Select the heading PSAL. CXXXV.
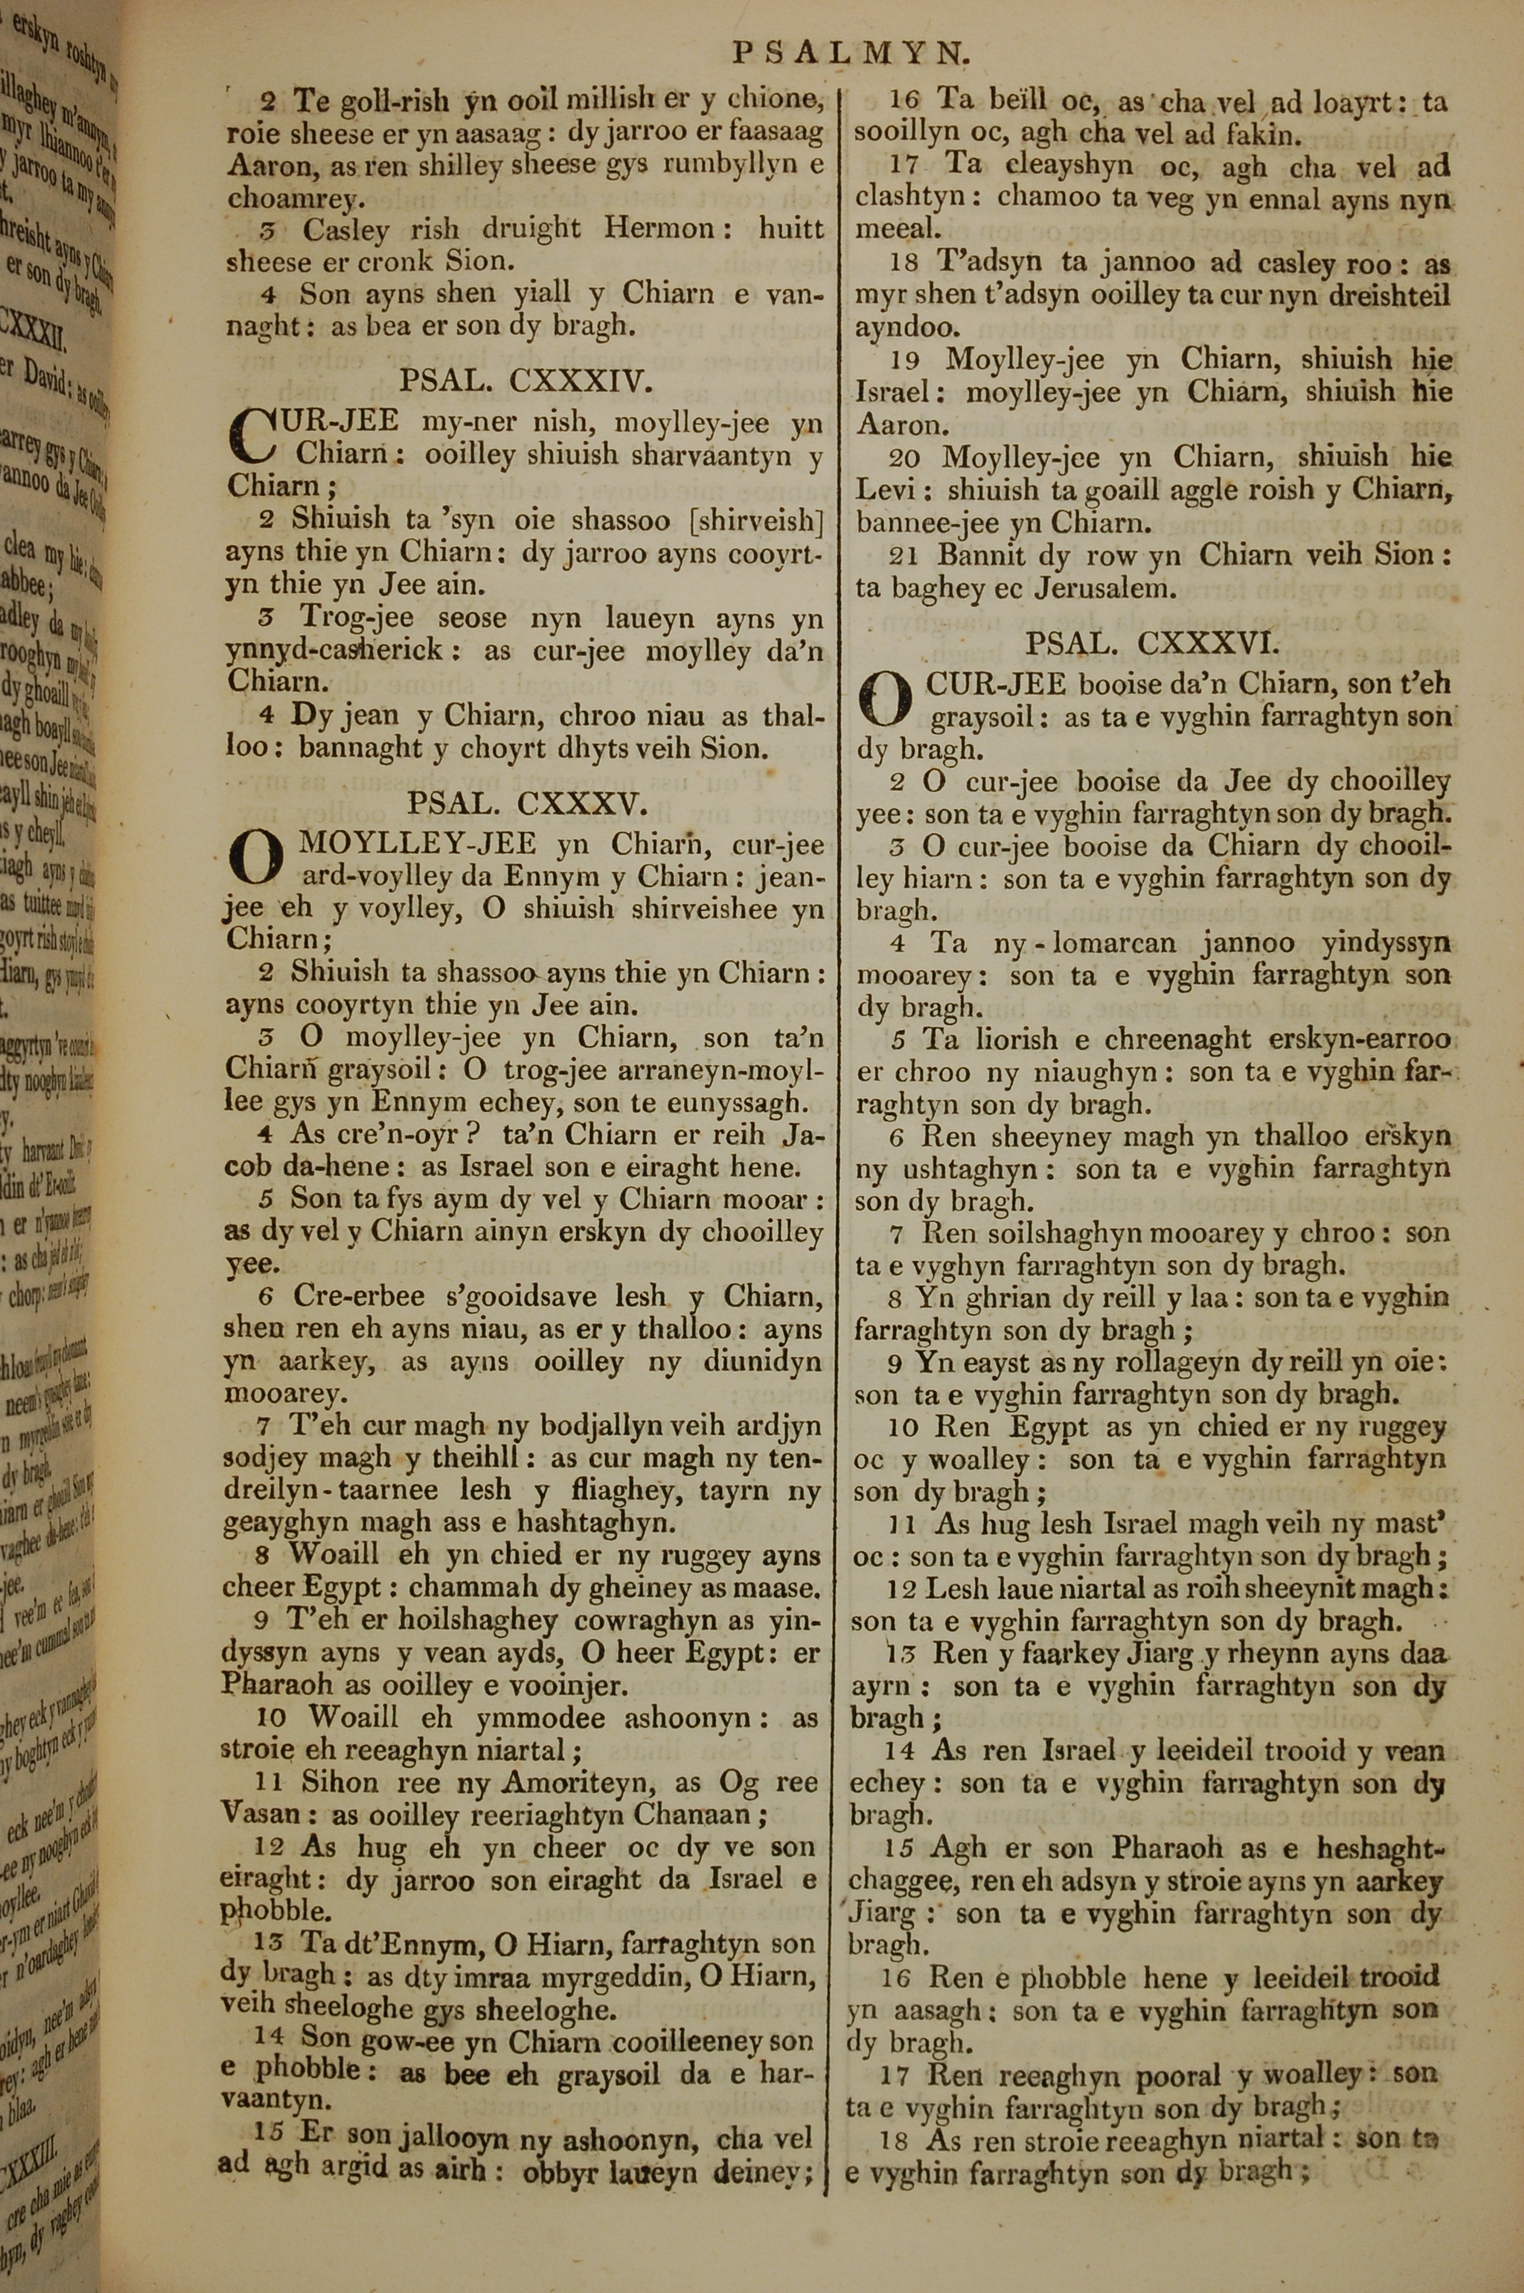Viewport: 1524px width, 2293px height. tap(526, 804)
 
